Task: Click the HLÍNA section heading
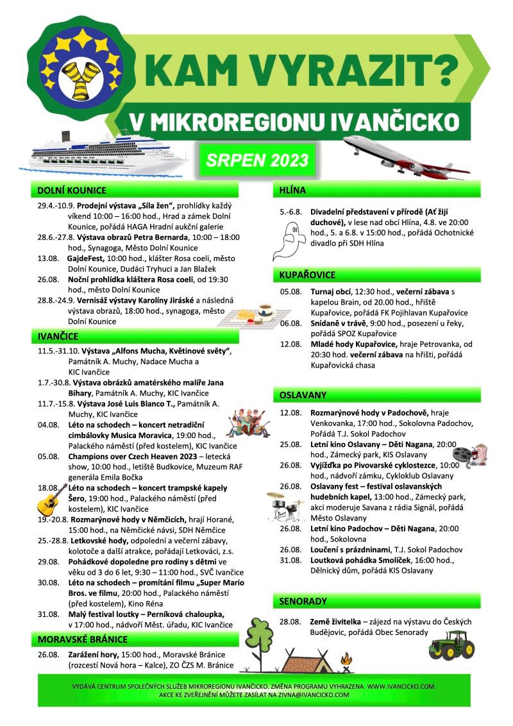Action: [293, 190]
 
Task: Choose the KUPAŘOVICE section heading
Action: [308, 275]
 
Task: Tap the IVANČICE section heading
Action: [58, 336]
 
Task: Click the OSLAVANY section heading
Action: [303, 394]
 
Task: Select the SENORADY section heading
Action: [303, 601]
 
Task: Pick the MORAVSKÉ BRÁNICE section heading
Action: [83, 639]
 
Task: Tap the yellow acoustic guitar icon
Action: [51, 500]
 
